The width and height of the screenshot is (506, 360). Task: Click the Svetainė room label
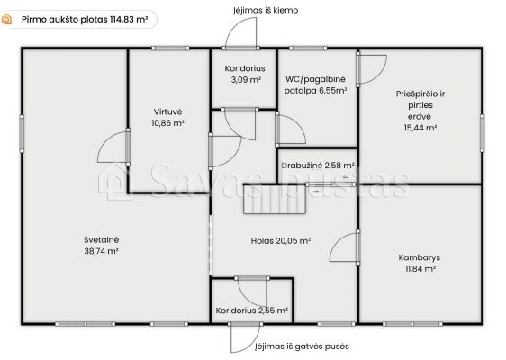(101, 246)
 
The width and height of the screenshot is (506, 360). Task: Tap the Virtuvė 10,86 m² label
(167, 117)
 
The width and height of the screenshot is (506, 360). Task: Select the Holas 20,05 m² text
(281, 241)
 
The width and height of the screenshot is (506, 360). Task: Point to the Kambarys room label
(420, 263)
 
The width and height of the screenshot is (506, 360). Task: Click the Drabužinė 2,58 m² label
(318, 166)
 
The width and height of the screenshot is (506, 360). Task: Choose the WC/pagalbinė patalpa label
(315, 85)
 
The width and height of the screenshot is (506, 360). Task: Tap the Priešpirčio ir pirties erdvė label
(420, 111)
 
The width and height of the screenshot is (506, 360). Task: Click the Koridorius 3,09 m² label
(245, 74)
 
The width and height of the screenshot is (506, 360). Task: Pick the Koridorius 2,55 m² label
(252, 310)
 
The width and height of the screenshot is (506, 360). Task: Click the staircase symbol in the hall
(275, 199)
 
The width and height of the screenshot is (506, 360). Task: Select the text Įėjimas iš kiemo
(266, 10)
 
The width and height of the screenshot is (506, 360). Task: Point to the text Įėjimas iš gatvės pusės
(303, 346)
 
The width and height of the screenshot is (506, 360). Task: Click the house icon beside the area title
(7, 20)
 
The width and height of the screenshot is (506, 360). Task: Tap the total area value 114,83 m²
(129, 20)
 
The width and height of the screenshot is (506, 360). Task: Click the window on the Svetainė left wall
(22, 133)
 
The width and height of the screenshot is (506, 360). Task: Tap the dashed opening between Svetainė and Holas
(211, 245)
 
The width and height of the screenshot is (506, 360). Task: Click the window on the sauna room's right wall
(483, 132)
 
